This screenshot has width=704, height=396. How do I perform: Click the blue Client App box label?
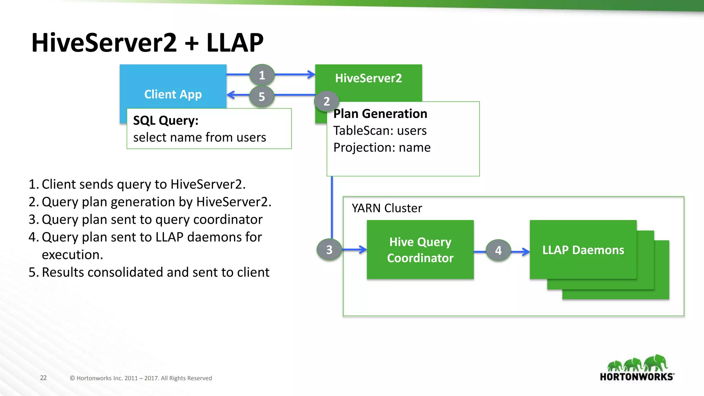click(x=173, y=94)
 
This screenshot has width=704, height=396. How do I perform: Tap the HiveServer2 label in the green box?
click(x=368, y=78)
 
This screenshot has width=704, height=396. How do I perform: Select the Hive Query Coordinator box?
click(x=420, y=250)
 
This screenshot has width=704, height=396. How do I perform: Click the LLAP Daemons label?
click(x=583, y=250)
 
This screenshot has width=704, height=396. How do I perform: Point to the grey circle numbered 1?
click(x=262, y=75)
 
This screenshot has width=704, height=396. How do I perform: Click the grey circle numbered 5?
click(x=262, y=97)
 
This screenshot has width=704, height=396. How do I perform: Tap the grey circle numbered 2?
click(x=327, y=101)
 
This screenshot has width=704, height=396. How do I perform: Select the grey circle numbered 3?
click(x=329, y=250)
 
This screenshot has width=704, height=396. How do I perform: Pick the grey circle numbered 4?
click(x=498, y=250)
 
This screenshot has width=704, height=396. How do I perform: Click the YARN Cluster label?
click(x=387, y=208)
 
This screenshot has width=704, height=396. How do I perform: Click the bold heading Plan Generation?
click(x=380, y=114)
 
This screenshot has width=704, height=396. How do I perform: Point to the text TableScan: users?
click(x=380, y=131)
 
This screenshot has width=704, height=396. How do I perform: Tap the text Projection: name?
click(x=382, y=147)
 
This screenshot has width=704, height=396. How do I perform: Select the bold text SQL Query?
click(x=166, y=121)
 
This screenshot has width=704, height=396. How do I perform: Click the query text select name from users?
click(x=199, y=137)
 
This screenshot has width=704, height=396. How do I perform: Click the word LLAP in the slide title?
click(x=235, y=43)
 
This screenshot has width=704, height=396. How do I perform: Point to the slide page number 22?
click(x=43, y=378)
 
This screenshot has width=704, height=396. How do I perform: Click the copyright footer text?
click(x=141, y=378)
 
